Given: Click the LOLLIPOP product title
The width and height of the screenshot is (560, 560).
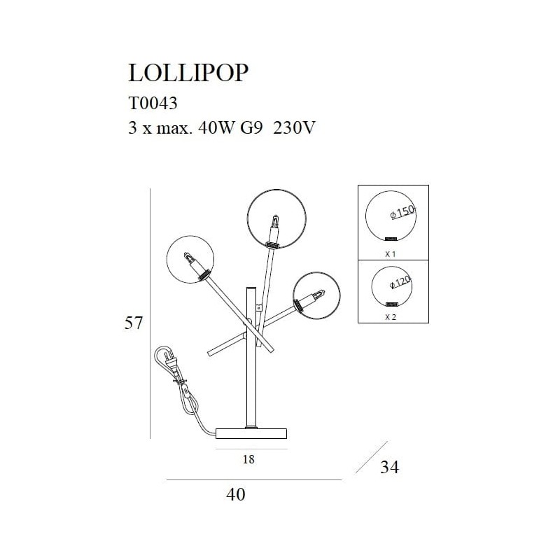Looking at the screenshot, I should tap(188, 72).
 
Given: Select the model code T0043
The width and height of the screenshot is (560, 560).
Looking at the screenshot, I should tap(153, 104).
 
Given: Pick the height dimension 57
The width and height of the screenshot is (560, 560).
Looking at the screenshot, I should tap(133, 323).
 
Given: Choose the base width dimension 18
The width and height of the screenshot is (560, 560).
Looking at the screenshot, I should tap(248, 460).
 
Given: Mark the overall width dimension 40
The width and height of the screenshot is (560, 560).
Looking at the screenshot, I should tap(237, 494).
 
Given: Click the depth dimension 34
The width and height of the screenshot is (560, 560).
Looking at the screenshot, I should tap(389, 467).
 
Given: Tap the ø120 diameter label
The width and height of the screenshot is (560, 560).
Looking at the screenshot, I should tap(400, 282).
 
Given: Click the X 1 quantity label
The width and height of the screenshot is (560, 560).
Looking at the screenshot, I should tap(391, 254).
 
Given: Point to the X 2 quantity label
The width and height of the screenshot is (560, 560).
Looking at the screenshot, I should tap(391, 316).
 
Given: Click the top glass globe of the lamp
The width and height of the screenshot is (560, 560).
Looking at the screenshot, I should tap(276, 218).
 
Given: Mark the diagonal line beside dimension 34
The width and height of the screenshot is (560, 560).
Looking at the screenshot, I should tap(371, 456).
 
